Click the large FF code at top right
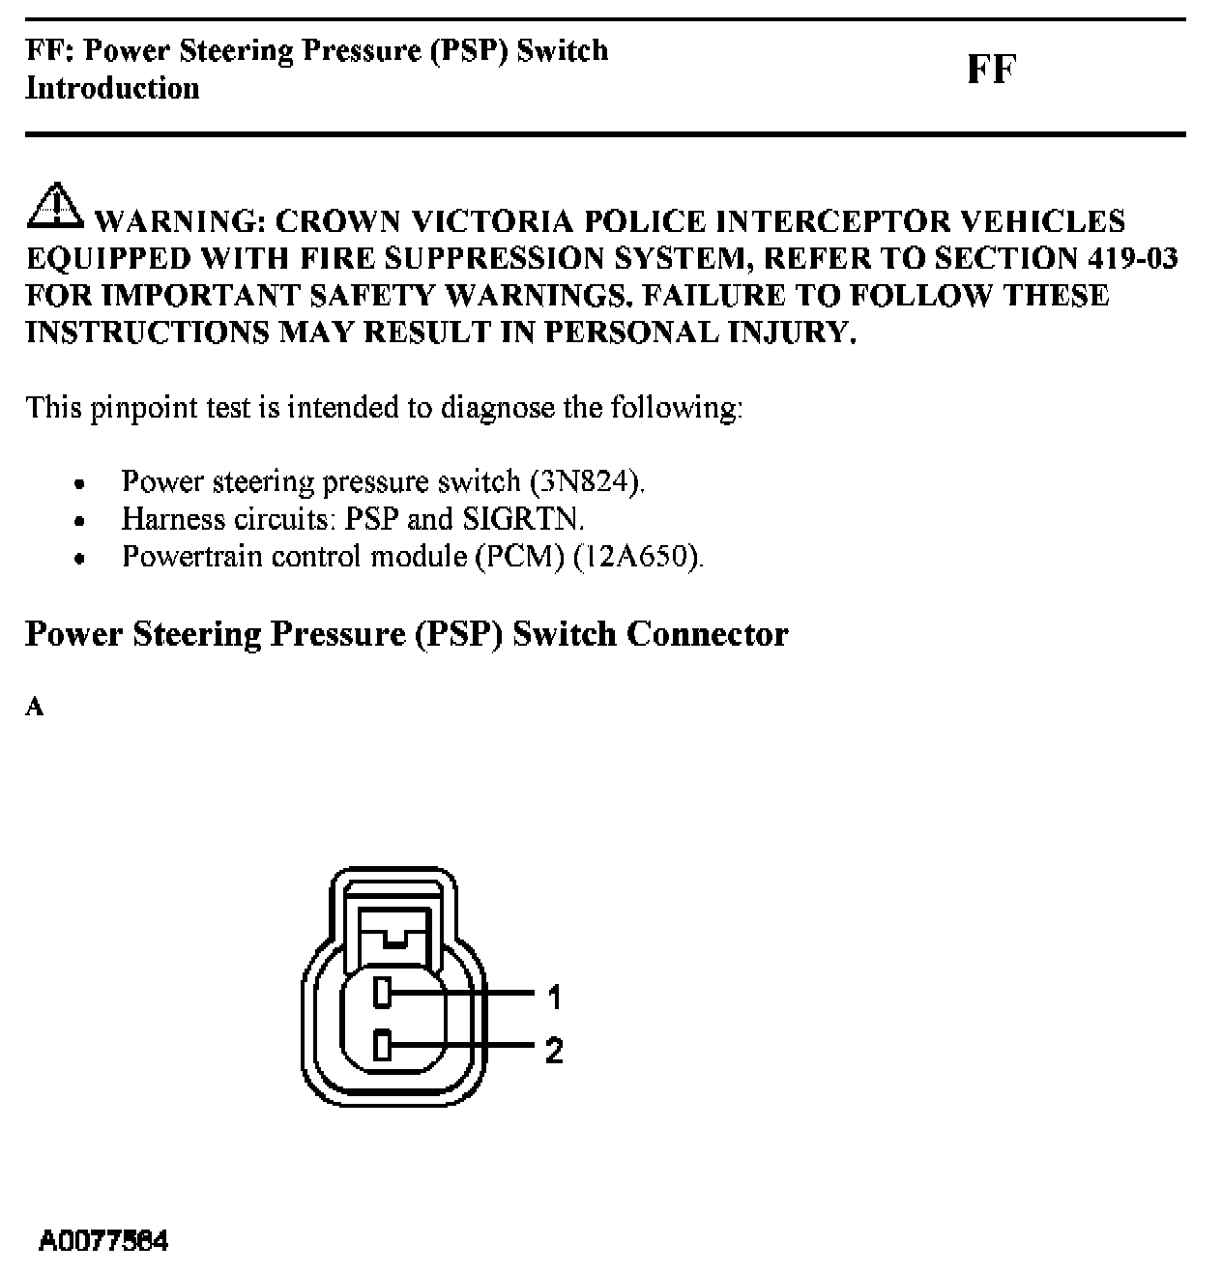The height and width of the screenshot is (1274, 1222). pos(991,71)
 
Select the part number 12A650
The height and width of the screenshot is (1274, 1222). pos(636,557)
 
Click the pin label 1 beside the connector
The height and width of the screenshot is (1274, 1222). pos(554,996)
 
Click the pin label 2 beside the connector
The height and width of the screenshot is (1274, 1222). pos(554,1050)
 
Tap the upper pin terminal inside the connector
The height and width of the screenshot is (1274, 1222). pos(383,992)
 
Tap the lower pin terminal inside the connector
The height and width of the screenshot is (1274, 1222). pos(383,1045)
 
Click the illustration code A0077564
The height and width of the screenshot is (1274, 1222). pos(103,1240)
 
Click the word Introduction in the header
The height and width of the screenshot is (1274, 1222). pos(112,88)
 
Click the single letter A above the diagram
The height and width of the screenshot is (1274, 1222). pos(35,708)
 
